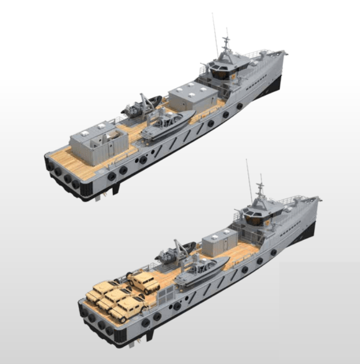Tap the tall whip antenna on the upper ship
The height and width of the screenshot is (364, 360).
(215, 31)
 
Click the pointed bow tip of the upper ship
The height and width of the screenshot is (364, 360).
(285, 55)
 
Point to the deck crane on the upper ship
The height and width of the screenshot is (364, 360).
(146, 102)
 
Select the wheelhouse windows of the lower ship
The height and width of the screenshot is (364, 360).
(256, 216)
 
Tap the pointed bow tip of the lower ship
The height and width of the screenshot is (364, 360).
(319, 200)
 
